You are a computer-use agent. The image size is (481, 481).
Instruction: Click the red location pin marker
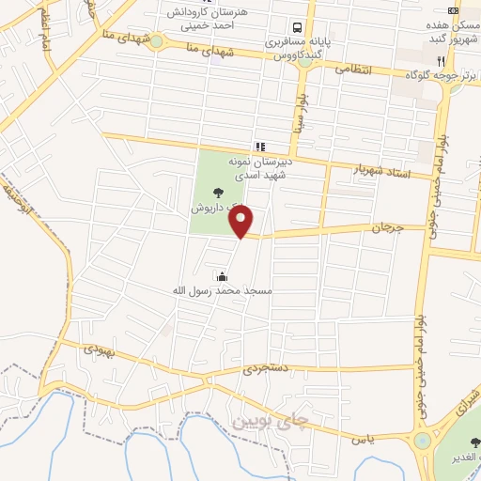242,222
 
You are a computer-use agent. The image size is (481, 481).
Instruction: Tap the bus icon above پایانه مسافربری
296,27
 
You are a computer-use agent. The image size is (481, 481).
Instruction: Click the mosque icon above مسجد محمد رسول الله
222,276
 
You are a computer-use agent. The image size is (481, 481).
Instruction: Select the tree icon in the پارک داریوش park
205,193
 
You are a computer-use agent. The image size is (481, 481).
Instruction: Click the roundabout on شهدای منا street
156,40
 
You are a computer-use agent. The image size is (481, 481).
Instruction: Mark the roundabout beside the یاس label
423,440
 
